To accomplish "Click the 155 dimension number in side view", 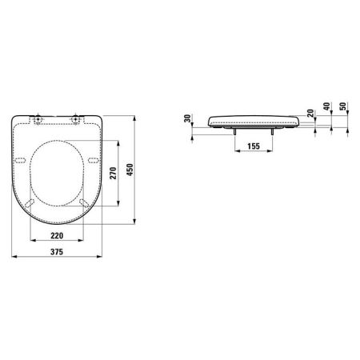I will (252, 146).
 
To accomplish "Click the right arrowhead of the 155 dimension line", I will (271, 152).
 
